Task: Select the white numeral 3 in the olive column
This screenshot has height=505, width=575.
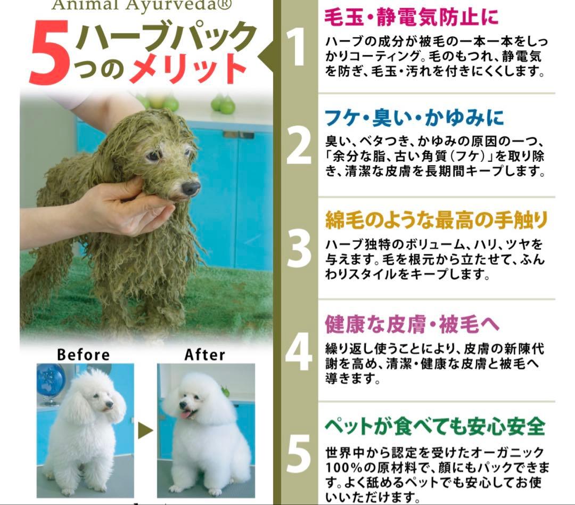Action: pyautogui.click(x=299, y=249)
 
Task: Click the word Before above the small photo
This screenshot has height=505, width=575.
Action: pyautogui.click(x=83, y=355)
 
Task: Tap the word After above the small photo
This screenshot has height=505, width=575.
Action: pyautogui.click(x=204, y=355)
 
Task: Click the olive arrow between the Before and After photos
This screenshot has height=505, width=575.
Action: pyautogui.click(x=145, y=430)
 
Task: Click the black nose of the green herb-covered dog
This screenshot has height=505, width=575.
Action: pyautogui.click(x=191, y=188)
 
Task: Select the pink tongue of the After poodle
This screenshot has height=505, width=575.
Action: pyautogui.click(x=187, y=414)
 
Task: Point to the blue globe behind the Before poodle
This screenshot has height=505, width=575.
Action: pyautogui.click(x=51, y=380)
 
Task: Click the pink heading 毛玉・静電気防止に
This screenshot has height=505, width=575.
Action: pyautogui.click(x=411, y=17)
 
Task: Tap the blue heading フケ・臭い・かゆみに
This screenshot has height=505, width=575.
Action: pyautogui.click(x=414, y=118)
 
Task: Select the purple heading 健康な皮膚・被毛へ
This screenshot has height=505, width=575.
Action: pyautogui.click(x=412, y=324)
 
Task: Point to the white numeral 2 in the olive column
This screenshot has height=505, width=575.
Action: pyautogui.click(x=299, y=146)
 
